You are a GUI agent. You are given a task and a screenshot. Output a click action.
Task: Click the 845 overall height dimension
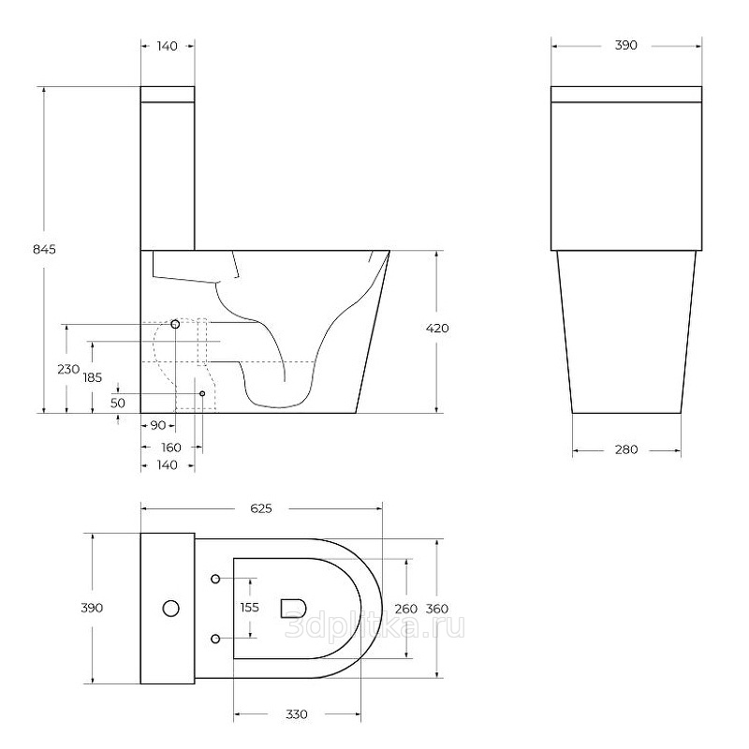pyautogui.click(x=44, y=249)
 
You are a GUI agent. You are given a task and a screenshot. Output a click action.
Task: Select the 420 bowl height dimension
pyautogui.click(x=437, y=329)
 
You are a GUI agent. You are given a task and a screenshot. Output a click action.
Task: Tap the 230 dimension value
pyautogui.click(x=68, y=369)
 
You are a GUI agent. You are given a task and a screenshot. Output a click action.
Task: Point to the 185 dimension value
pyautogui.click(x=93, y=377)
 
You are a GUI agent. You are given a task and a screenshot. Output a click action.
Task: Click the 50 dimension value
pyautogui.click(x=118, y=403)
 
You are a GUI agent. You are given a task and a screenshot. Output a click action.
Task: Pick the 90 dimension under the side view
pyautogui.click(x=157, y=425)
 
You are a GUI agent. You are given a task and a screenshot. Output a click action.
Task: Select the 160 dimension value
pyautogui.click(x=171, y=448)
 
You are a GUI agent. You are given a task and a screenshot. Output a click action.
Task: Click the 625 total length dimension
pyautogui.click(x=261, y=508)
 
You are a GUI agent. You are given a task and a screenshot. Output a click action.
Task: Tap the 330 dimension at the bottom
pyautogui.click(x=296, y=714)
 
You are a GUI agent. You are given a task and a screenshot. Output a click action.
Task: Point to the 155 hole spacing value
pyautogui.click(x=249, y=607)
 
